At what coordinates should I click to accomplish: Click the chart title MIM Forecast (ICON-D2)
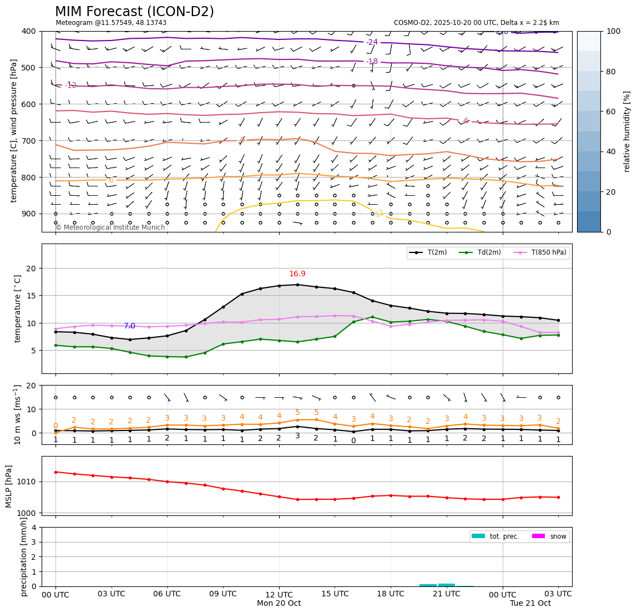(134, 12)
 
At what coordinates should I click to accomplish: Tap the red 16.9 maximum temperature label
(297, 274)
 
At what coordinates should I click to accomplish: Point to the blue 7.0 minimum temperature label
(129, 326)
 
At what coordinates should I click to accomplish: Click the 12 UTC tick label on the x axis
(279, 594)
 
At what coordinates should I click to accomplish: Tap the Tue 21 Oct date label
(530, 604)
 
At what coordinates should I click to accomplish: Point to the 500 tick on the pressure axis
(28, 68)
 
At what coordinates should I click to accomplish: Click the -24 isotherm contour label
(372, 42)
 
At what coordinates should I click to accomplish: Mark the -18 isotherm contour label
(372, 62)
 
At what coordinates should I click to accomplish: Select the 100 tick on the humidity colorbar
(613, 31)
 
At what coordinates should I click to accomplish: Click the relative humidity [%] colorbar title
(627, 131)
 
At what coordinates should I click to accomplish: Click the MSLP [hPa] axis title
(9, 486)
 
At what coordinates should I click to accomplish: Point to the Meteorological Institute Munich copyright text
(110, 227)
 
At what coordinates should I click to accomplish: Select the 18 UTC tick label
(391, 594)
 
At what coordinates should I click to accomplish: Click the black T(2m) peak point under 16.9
(297, 285)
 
